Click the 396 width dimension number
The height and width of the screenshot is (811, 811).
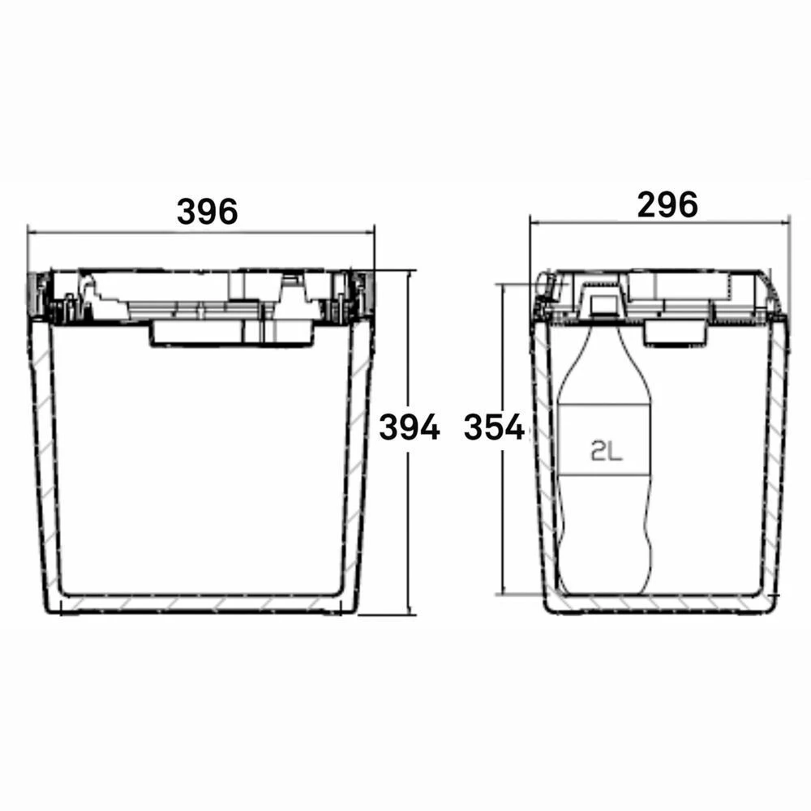pos(208,212)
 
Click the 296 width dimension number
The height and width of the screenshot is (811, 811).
pos(667,205)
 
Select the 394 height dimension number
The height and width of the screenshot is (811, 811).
pos(410,427)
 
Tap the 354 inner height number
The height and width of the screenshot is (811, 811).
pos(494,427)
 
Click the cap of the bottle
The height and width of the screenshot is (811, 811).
pos(603,305)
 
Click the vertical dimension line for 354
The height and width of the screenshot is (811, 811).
pos(504,519)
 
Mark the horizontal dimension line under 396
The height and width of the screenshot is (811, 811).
pos(122,231)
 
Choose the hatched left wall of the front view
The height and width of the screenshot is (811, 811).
pos(45,454)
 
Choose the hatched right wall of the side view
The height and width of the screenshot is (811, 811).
pos(779,454)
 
